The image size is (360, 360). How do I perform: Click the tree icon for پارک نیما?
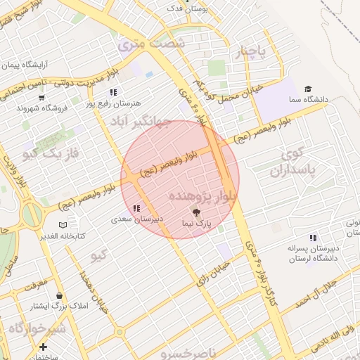coord(196,211)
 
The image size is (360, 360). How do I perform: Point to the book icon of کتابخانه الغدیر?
coord(64,224)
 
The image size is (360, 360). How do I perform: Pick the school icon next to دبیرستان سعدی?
coord(136,208)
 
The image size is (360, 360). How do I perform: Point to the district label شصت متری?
coord(152,44)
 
